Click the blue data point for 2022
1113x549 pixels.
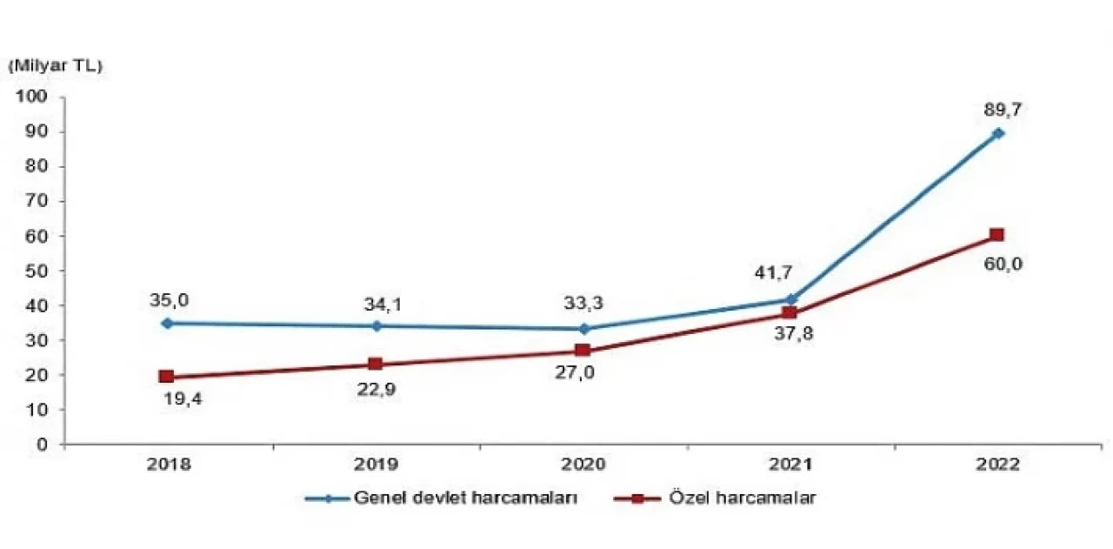click(998, 133)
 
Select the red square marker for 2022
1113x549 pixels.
click(996, 235)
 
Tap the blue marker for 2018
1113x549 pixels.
click(167, 323)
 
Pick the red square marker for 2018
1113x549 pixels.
click(166, 377)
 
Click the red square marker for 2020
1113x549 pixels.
click(583, 350)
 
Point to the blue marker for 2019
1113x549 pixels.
click(376, 326)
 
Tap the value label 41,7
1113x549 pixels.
click(772, 275)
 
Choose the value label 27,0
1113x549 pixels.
click(583, 377)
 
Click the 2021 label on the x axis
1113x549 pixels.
click(790, 465)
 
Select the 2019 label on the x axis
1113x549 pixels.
click(376, 465)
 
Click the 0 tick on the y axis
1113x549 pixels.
click(43, 445)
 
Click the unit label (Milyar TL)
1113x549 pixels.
click(55, 65)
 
